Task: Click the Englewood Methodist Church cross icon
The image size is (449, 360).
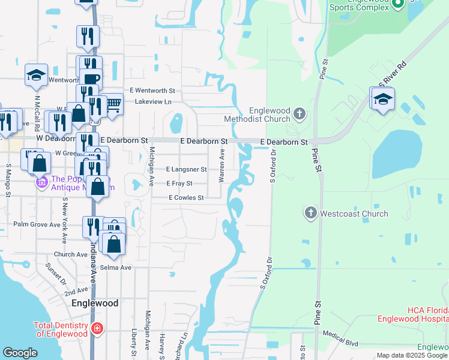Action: pyautogui.click(x=300, y=113)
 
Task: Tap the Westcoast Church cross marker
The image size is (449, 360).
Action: pyautogui.click(x=310, y=213)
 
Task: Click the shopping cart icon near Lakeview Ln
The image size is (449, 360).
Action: pyautogui.click(x=113, y=104)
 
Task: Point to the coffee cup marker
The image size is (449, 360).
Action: pyautogui.click(x=91, y=80)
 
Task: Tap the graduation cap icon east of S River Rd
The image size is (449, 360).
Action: pyautogui.click(x=382, y=99)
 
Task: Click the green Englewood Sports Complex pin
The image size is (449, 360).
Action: pyautogui.click(x=397, y=5)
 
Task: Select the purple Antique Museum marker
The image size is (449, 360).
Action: pyautogui.click(x=41, y=182)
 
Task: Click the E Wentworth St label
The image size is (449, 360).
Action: pyautogui.click(x=155, y=91)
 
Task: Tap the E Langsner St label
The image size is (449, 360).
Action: pyautogui.click(x=186, y=170)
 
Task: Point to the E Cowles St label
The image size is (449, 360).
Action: pyautogui.click(x=186, y=197)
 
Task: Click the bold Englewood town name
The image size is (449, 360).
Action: pyautogui.click(x=94, y=303)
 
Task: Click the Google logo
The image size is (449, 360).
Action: pyautogui.click(x=20, y=353)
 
